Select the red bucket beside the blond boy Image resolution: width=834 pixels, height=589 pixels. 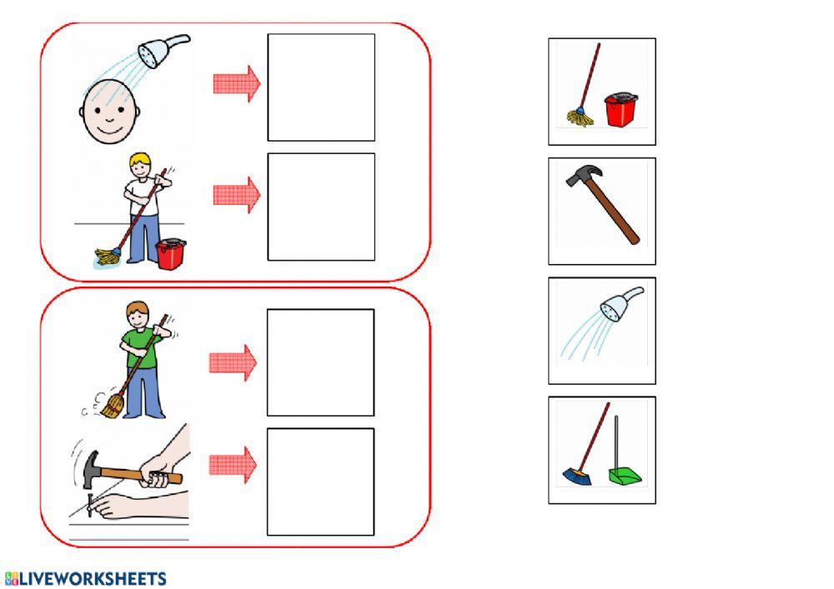click(x=171, y=254)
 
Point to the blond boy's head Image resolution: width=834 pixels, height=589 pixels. click(x=140, y=165)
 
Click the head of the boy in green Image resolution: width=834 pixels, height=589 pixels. click(x=138, y=316)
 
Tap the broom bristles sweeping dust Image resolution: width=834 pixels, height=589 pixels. click(x=113, y=407)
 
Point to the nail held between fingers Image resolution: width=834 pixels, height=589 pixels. click(x=90, y=505)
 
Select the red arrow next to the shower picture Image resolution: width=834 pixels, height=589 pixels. click(x=237, y=84)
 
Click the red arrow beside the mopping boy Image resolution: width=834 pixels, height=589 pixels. click(x=237, y=196)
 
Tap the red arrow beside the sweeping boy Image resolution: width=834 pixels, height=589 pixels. click(x=233, y=362)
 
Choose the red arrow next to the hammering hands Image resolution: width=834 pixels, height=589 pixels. click(x=233, y=465)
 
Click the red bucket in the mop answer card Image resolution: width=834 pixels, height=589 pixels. click(x=620, y=110)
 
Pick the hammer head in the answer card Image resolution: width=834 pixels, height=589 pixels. click(x=584, y=176)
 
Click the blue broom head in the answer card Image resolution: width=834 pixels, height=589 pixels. click(x=576, y=477)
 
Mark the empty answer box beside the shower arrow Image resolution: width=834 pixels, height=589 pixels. click(x=321, y=87)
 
